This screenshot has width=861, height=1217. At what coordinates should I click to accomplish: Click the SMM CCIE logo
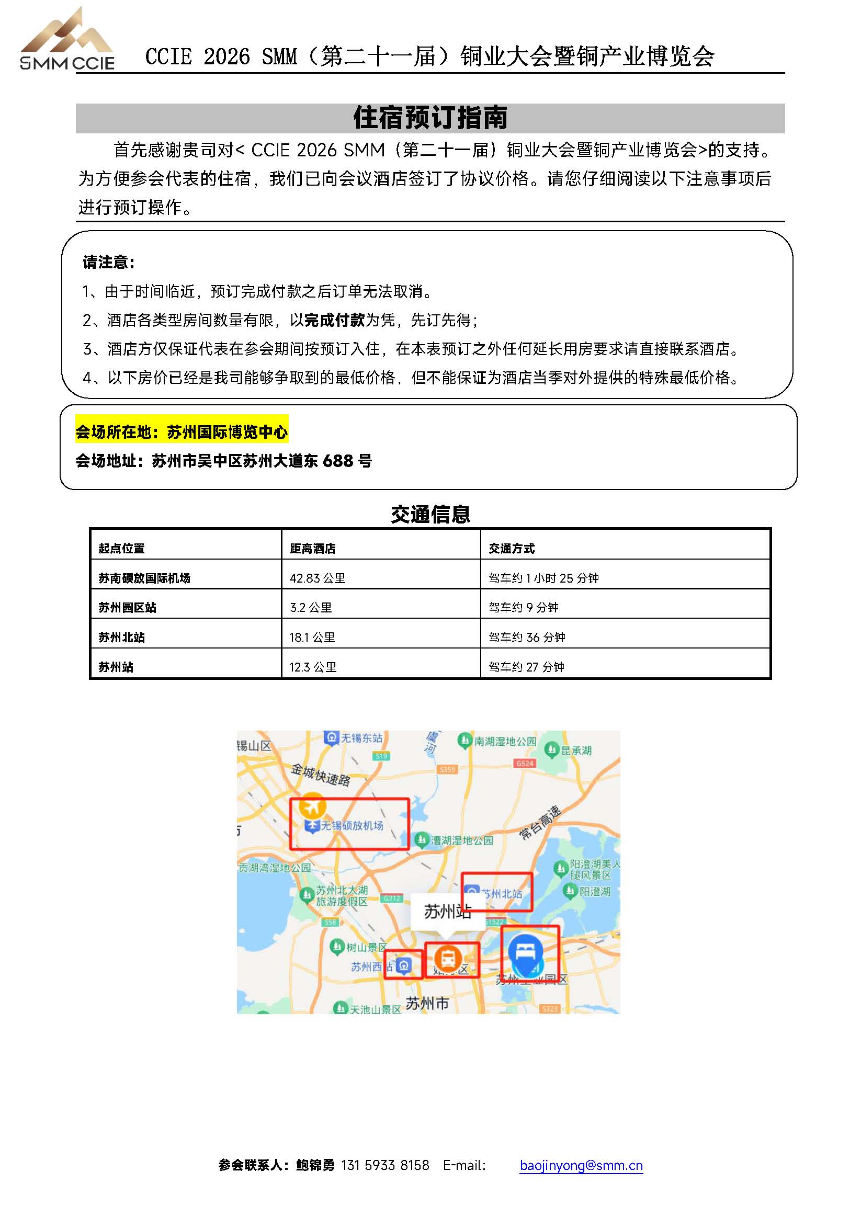click(x=67, y=40)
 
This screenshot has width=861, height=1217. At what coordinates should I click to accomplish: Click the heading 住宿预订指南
click(x=430, y=118)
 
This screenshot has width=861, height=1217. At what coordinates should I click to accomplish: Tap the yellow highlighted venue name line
click(x=182, y=432)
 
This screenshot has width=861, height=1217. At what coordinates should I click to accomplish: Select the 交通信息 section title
click(x=430, y=514)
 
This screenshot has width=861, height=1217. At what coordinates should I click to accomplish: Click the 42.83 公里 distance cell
click(x=317, y=578)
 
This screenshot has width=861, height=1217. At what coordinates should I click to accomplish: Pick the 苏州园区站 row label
click(x=127, y=607)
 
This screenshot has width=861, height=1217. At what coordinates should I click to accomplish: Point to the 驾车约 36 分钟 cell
click(x=526, y=637)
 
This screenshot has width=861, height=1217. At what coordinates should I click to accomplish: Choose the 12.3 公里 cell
click(x=313, y=667)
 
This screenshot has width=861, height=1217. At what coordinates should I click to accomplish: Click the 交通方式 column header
click(x=511, y=549)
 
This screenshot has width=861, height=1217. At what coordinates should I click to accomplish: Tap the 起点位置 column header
click(x=121, y=549)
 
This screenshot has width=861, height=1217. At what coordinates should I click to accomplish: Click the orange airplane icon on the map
click(x=312, y=807)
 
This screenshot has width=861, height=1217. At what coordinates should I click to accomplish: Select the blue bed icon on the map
click(x=525, y=951)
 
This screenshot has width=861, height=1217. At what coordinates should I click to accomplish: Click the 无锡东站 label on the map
click(x=360, y=738)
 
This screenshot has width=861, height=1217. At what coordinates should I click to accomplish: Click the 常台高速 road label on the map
click(x=540, y=822)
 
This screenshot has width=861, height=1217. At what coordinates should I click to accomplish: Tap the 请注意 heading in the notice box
click(x=109, y=262)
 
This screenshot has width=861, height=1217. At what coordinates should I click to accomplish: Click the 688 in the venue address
click(x=338, y=461)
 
